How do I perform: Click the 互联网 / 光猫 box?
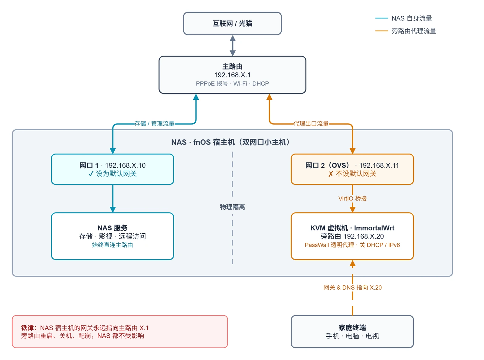232,23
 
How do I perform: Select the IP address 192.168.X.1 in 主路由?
232,75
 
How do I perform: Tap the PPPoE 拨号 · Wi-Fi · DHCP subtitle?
232,83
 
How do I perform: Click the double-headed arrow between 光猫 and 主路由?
233,46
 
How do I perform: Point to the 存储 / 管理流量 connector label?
154,124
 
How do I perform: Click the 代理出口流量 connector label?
311,124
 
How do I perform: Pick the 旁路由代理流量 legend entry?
405,31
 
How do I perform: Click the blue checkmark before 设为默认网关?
91,174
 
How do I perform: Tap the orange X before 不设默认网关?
331,174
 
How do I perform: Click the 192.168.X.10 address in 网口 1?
125,166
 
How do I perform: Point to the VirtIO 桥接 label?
352,198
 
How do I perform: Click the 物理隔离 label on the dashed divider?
232,207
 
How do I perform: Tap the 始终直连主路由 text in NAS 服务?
113,245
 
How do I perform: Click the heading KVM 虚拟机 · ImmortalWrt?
352,228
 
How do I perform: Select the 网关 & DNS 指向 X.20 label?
352,287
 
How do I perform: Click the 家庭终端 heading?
352,328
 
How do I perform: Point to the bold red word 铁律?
27,328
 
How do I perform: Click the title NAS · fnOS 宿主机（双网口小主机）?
231,142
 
